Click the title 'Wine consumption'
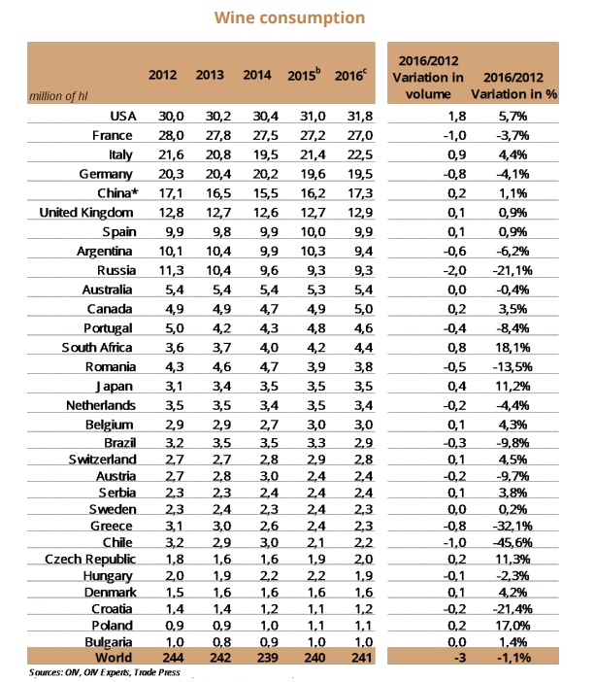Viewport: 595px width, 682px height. pos(297,17)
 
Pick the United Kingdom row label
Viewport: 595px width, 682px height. pos(84,211)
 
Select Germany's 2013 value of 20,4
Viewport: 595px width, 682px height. pos(210,174)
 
